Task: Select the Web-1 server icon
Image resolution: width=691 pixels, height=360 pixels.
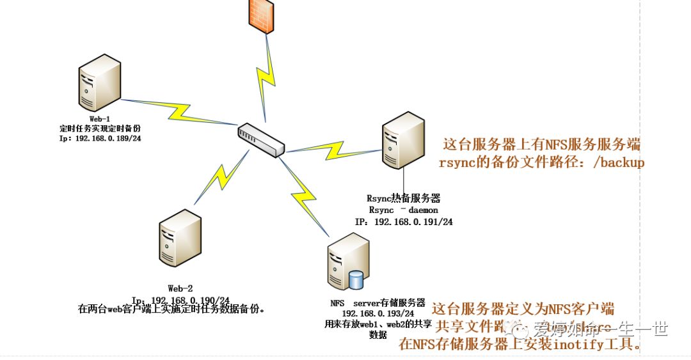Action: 99,84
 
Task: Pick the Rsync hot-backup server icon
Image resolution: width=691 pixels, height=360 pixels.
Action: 403,140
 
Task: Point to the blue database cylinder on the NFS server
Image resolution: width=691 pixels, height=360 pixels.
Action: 356,279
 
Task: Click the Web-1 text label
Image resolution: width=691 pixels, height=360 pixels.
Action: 99,119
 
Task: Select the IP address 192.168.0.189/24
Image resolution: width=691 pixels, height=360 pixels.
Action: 109,137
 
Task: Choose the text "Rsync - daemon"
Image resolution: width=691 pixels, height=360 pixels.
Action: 404,210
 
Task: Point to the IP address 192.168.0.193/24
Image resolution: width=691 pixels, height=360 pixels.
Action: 378,313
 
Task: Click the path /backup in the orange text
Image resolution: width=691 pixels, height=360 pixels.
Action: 619,162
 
